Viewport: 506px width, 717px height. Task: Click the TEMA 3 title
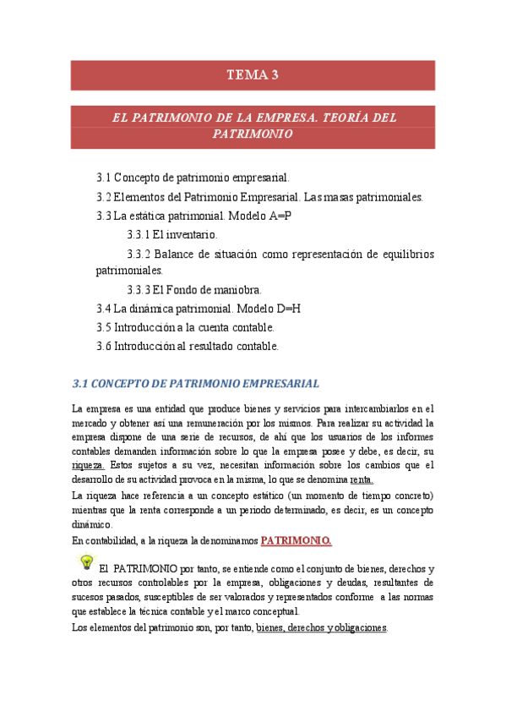[252, 75]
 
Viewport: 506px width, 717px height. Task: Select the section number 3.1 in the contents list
[104, 178]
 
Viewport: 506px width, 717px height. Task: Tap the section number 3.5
[104, 327]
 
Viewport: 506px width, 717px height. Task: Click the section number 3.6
[104, 346]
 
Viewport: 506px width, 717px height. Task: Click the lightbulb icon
[85, 562]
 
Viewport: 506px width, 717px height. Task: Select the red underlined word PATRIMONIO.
[296, 540]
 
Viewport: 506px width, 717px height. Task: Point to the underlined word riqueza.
[89, 465]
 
